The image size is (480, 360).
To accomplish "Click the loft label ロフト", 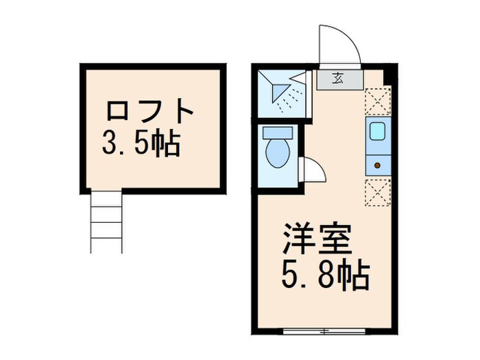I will pos(149,112).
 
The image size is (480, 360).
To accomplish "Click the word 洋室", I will pos(316,239).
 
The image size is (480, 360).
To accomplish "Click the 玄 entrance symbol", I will pos(340,77).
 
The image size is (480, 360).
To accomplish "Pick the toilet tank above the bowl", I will pos(278,132).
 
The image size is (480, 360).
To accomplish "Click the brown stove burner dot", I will pos(376,165).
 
